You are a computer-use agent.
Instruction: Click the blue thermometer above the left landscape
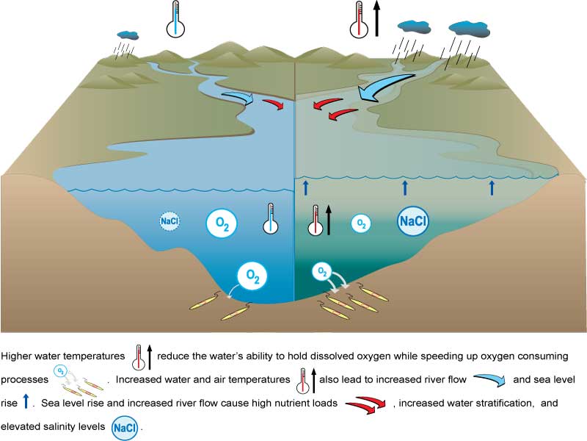[175, 20]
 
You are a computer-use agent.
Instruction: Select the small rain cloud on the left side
[128, 35]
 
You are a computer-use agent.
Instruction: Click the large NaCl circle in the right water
[413, 220]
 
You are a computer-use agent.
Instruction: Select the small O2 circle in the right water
[360, 223]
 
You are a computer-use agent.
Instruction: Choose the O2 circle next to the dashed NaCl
[221, 224]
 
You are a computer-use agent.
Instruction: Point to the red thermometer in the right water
[316, 220]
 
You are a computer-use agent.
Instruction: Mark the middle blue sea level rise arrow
[405, 187]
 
